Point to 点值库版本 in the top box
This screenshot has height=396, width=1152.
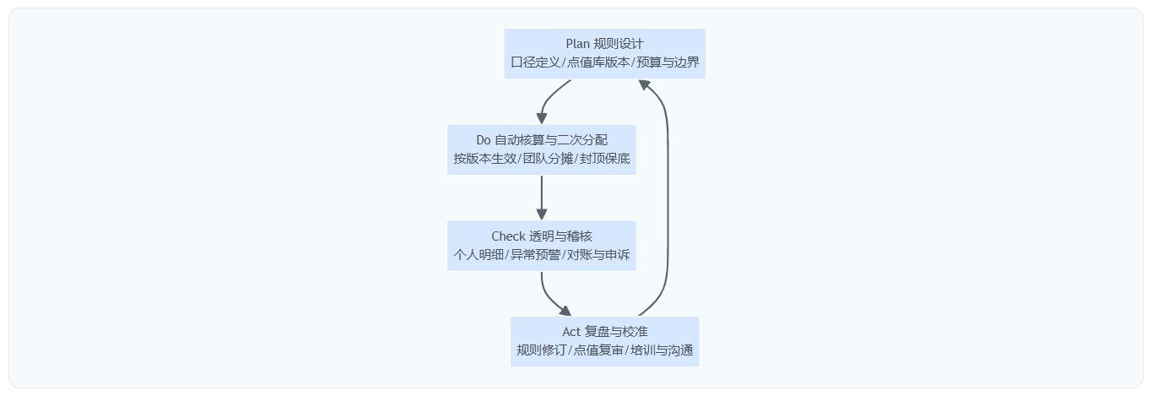pos(597,62)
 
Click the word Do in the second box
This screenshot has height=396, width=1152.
pos(484,140)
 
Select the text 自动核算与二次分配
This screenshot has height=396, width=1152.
pos(551,140)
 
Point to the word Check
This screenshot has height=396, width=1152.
pos(508,236)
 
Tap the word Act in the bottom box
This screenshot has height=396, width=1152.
pos(571,332)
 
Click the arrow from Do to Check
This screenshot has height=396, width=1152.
pos(542,197)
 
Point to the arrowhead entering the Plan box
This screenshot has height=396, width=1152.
pos(644,84)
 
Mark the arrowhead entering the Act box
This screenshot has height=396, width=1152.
pos(565,312)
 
